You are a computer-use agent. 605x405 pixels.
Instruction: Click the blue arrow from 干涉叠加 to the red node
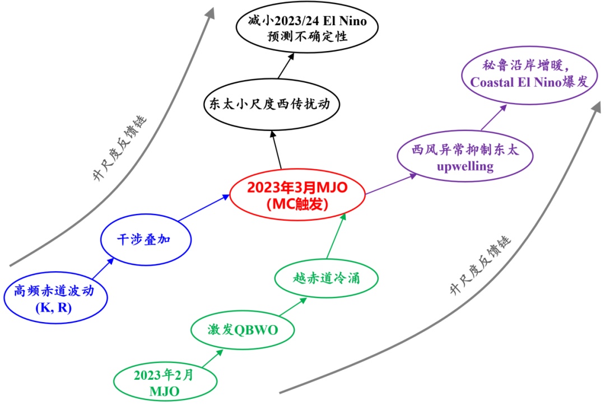coord(204,208)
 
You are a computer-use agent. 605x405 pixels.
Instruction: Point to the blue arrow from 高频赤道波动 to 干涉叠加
coord(104,268)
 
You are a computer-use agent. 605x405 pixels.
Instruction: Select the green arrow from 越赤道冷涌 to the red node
coord(336,236)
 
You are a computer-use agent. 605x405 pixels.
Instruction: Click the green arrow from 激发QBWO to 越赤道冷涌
coord(293,307)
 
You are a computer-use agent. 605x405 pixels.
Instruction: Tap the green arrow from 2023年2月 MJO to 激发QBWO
coord(213,358)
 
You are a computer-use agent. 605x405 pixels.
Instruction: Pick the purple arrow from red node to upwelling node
coord(392,184)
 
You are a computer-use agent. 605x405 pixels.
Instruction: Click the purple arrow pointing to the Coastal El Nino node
coord(494,117)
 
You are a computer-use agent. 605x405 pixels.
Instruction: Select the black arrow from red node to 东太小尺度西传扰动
coord(277,150)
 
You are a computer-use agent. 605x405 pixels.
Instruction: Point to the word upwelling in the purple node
coord(465,166)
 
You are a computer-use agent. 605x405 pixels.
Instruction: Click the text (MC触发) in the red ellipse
coord(297,204)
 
